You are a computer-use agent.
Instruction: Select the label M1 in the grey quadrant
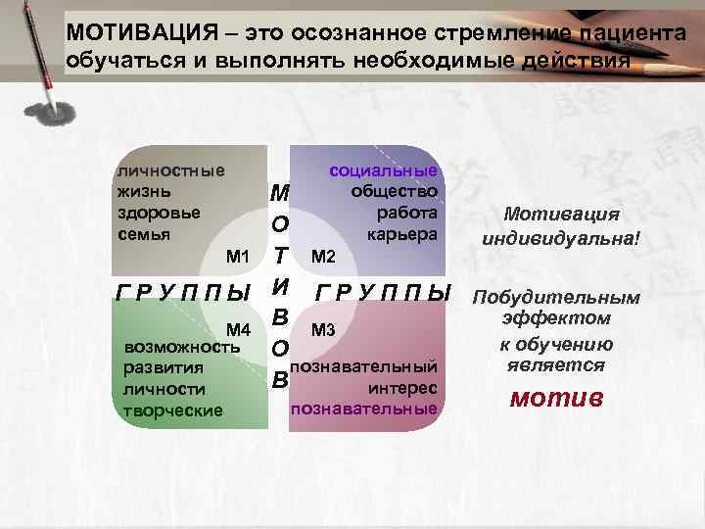tap(238, 257)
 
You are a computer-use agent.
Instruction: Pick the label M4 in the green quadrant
tap(238, 328)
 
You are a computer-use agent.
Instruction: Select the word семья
tap(143, 234)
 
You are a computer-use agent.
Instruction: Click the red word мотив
tap(556, 399)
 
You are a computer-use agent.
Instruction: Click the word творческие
tap(167, 409)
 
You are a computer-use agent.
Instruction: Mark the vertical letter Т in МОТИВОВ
tap(279, 257)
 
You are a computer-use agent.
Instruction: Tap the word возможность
tap(175, 348)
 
